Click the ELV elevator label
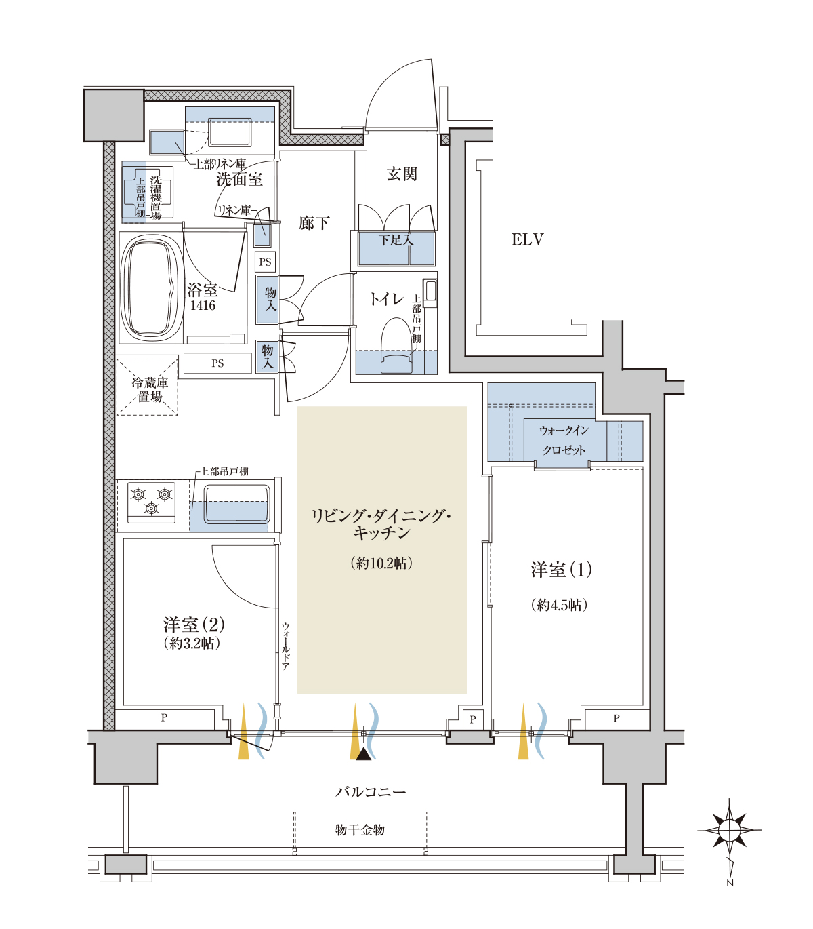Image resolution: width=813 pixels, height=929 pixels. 527,239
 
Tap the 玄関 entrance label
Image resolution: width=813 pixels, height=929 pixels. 402,174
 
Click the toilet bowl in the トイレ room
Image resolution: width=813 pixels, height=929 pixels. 396,345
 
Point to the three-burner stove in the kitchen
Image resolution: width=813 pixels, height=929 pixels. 151,502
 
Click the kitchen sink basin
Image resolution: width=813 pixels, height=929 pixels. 236,505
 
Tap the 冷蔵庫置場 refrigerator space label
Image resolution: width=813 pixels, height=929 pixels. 150,390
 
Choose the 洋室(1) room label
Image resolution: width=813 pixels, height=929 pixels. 561,570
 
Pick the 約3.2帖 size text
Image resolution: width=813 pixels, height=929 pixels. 192,644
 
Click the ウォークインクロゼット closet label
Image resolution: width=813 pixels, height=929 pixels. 564,440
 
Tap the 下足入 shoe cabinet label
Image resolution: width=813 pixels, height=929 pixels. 396,240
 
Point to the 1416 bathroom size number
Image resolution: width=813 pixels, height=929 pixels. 203,306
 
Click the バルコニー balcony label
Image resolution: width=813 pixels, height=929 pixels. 371,792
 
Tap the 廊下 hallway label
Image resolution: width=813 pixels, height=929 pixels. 314,223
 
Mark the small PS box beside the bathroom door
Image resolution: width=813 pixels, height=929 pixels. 265,262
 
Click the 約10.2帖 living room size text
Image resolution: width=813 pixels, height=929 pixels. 381,564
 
